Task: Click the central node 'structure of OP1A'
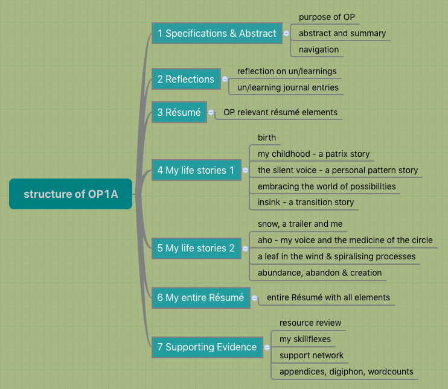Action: coord(70,194)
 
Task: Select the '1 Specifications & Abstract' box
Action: coord(217,34)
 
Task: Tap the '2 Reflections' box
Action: coord(185,79)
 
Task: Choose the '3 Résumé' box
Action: coord(179,112)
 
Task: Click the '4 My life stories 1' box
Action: coord(196,171)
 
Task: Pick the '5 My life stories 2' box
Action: coord(196,248)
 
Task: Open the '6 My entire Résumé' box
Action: coord(200,297)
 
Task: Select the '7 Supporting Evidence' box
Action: coord(207,347)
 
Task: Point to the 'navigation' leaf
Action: coord(319,49)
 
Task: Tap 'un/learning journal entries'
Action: coord(287,87)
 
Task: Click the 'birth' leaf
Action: coord(266,138)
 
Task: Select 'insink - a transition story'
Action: coord(306,202)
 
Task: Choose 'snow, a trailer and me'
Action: coord(299,224)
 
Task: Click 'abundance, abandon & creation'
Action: coord(319,273)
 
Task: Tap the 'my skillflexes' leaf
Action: coord(305,339)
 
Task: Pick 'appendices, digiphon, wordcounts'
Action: coord(346,372)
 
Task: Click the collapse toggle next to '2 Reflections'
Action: coord(225,79)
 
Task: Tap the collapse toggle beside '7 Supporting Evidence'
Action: coord(267,347)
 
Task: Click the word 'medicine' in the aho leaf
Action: coord(368,240)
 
